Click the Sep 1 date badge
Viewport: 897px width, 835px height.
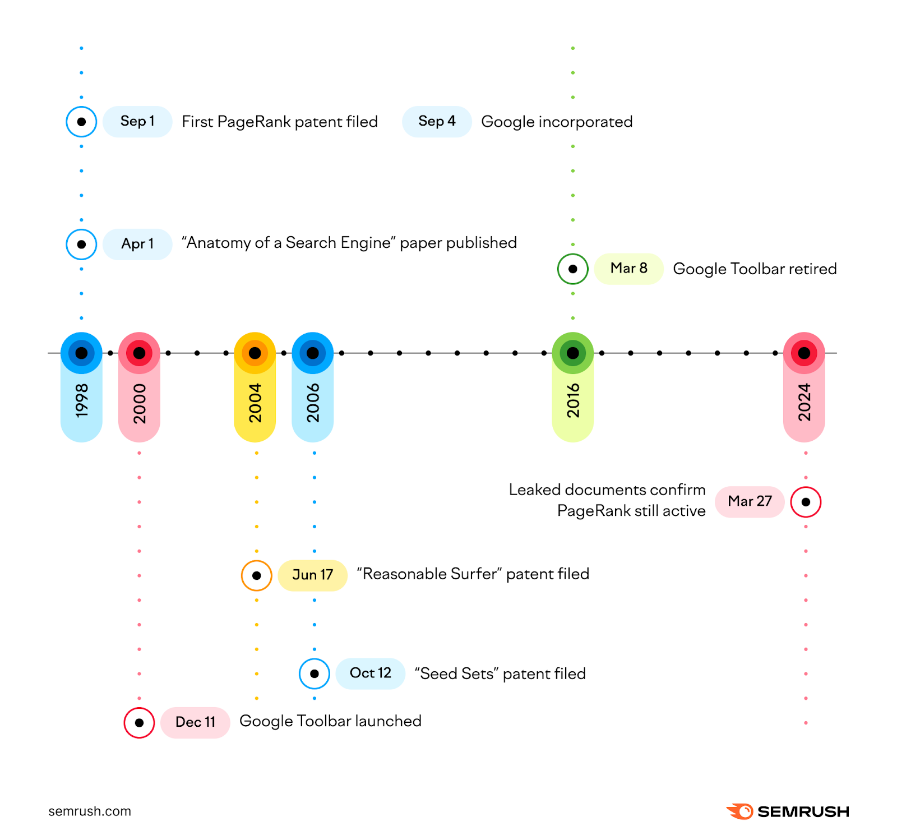tap(137, 121)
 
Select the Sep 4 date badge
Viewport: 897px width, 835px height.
tap(437, 121)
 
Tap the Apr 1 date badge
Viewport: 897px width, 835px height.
tap(137, 244)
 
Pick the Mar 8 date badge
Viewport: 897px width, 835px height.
tap(628, 269)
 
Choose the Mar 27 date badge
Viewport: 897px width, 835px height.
tap(750, 501)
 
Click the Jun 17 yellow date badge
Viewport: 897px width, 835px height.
tap(312, 575)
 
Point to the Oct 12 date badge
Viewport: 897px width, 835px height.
tap(370, 673)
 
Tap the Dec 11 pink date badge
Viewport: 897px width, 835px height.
tap(195, 722)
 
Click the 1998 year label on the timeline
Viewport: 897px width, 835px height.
tap(82, 400)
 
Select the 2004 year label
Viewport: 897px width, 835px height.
tap(255, 402)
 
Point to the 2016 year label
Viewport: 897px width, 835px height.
tap(573, 400)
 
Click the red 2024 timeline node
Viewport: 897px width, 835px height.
tap(804, 353)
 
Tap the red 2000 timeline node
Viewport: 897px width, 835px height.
tap(139, 353)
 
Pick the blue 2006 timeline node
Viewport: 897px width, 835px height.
tap(313, 353)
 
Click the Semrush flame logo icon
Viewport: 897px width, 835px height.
tap(740, 811)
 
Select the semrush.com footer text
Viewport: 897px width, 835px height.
tap(90, 811)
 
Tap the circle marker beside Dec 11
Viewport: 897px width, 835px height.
tap(139, 723)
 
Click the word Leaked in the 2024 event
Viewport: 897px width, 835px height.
tap(534, 490)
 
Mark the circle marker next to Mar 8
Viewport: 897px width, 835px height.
tap(572, 269)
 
